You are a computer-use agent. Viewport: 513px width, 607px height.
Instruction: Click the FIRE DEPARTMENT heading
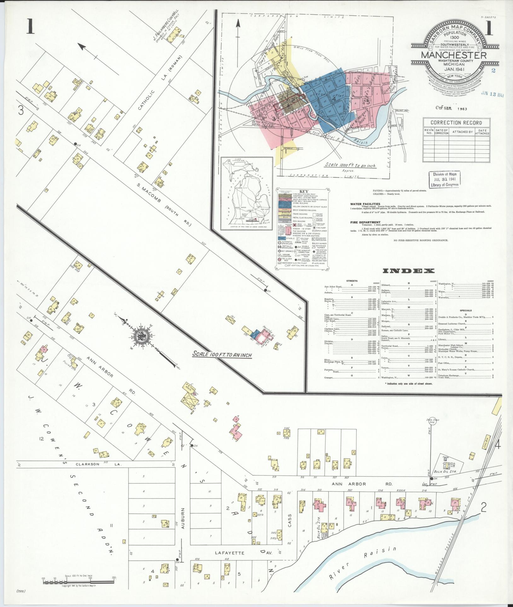click(365, 222)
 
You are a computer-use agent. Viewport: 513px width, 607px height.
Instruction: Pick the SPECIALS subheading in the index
click(465, 310)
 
